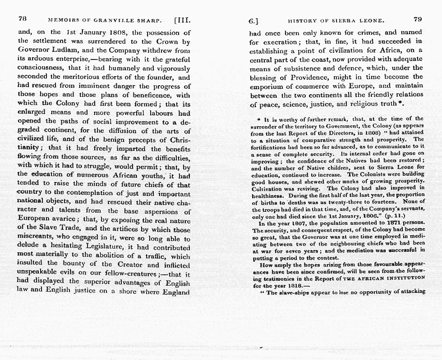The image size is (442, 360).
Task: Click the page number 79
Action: pyautogui.click(x=417, y=19)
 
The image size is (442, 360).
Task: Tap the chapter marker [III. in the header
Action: pyautogui.click(x=183, y=20)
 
